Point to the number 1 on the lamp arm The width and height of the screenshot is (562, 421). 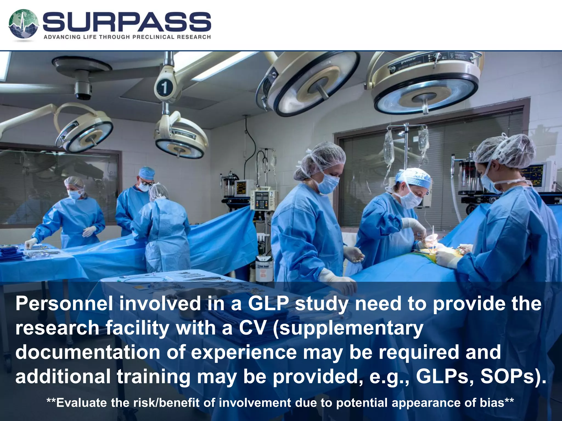coord(164,88)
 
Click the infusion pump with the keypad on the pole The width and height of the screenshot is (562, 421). coord(262,200)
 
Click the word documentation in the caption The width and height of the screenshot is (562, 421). coord(88,352)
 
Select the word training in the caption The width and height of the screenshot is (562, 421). coord(154,376)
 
